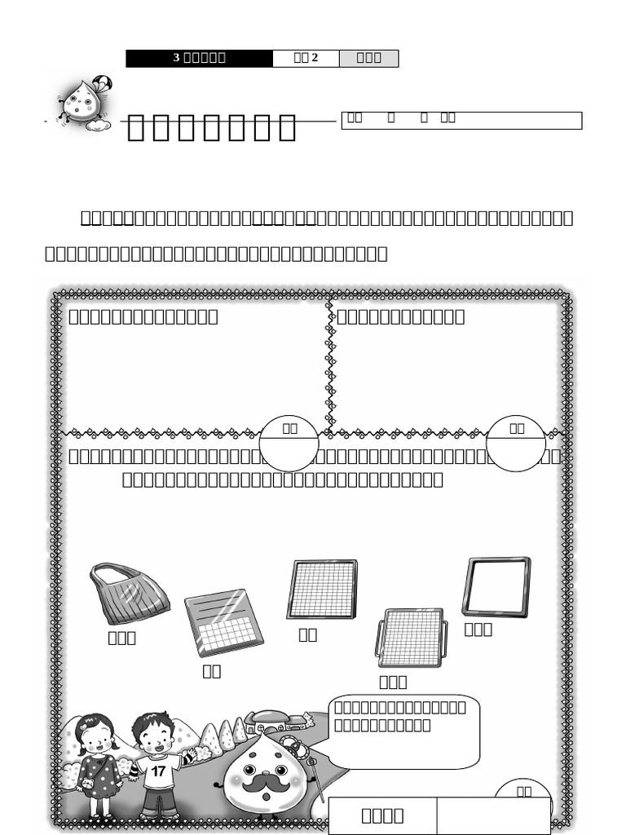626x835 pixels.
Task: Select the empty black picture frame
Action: (496, 586)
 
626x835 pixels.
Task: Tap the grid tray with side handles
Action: (412, 638)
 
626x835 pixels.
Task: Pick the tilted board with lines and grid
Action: (223, 622)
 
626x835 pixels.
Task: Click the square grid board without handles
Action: (322, 589)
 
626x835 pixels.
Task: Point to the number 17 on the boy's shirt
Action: (158, 770)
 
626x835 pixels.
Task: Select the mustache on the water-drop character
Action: (266, 783)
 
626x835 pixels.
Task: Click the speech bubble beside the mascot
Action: (403, 731)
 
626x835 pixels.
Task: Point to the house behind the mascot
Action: (276, 722)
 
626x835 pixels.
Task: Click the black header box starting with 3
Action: (199, 58)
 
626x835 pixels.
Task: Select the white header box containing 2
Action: (306, 58)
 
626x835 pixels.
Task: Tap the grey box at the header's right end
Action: (368, 58)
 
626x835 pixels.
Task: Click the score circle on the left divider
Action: (289, 443)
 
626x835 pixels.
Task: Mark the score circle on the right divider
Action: (515, 443)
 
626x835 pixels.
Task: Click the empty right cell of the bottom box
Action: (493, 815)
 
